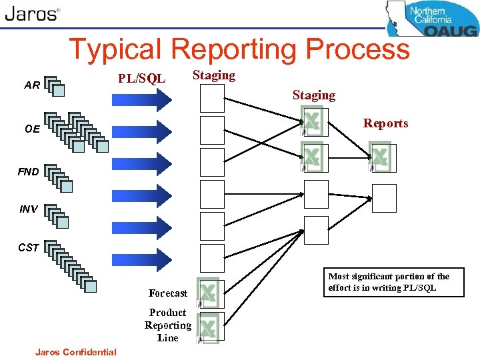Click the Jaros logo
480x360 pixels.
pyautogui.click(x=32, y=15)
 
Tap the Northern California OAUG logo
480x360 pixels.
pyautogui.click(x=432, y=19)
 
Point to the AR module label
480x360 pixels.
pyautogui.click(x=31, y=85)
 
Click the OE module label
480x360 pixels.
pyautogui.click(x=32, y=129)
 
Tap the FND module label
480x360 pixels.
pyautogui.click(x=28, y=172)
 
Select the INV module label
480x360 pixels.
pyautogui.click(x=28, y=209)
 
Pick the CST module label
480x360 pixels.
pyautogui.click(x=28, y=248)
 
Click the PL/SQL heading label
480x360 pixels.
pyautogui.click(x=141, y=79)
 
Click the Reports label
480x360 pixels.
pyautogui.click(x=385, y=123)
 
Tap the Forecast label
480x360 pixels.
pyautogui.click(x=168, y=293)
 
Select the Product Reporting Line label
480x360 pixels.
pyautogui.click(x=168, y=325)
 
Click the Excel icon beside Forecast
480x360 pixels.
pyautogui.click(x=209, y=292)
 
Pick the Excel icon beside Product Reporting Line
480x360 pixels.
pyautogui.click(x=209, y=327)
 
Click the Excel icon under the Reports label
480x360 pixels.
pyautogui.click(x=379, y=157)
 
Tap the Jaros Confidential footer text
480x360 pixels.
pyautogui.click(x=76, y=352)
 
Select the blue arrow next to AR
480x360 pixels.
pyautogui.click(x=142, y=99)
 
